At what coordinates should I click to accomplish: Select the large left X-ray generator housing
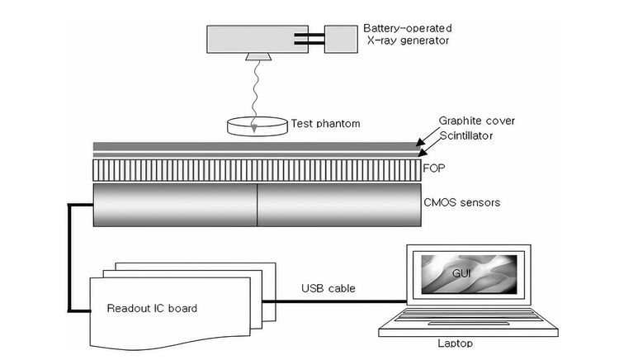click(253, 38)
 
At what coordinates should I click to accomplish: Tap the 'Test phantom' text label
click(326, 125)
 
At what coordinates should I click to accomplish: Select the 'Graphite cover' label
click(477, 121)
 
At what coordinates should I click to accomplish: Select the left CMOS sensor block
click(175, 204)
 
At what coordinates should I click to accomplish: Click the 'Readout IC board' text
click(152, 309)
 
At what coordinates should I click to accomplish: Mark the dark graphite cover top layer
click(257, 146)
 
